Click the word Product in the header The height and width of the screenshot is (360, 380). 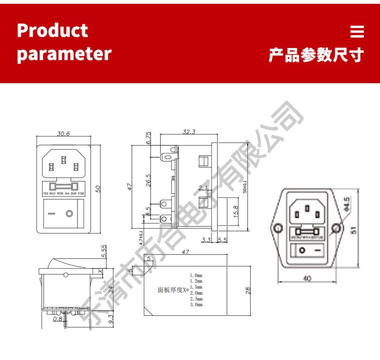click(52, 30)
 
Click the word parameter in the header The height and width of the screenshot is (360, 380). click(64, 53)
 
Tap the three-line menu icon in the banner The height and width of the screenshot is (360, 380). click(357, 31)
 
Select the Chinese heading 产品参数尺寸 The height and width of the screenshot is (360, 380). click(315, 55)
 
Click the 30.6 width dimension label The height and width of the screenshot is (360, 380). click(64, 134)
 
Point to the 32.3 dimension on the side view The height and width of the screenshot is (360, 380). click(189, 132)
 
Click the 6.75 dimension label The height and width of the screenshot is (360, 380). click(148, 138)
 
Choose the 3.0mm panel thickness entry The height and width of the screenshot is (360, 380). click(196, 304)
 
